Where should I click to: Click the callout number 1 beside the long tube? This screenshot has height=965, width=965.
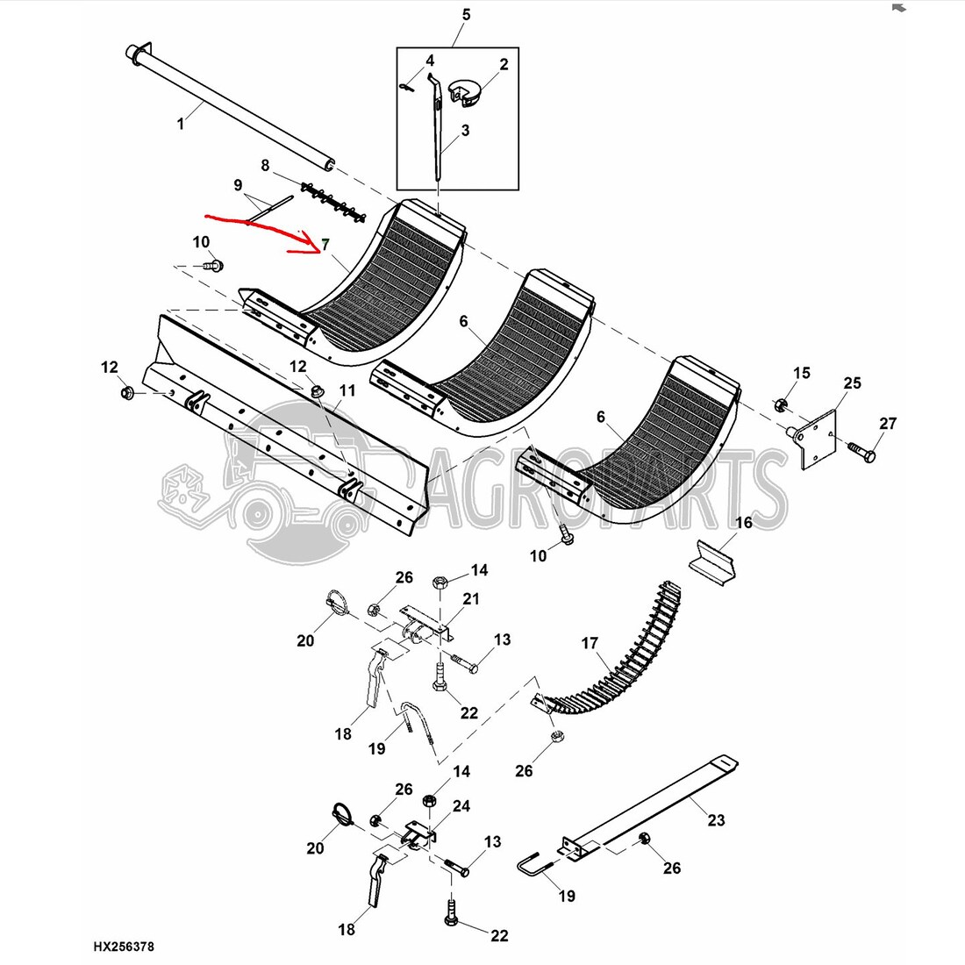pyautogui.click(x=181, y=124)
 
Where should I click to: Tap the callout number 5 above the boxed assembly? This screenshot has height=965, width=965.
pyautogui.click(x=466, y=14)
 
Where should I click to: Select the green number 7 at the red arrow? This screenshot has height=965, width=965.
pyautogui.click(x=325, y=243)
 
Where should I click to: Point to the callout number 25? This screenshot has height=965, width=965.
pyautogui.click(x=852, y=383)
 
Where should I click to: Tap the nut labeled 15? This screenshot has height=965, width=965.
pyautogui.click(x=781, y=404)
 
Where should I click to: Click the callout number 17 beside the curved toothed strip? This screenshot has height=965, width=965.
pyautogui.click(x=590, y=644)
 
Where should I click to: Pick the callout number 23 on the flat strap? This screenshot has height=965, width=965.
pyautogui.click(x=717, y=820)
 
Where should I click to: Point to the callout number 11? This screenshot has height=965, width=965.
pyautogui.click(x=347, y=390)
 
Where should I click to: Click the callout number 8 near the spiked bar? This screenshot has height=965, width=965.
pyautogui.click(x=265, y=165)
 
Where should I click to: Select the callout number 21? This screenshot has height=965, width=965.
pyautogui.click(x=471, y=599)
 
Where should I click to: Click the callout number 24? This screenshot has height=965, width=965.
pyautogui.click(x=461, y=805)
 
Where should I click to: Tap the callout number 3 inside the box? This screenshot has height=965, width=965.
pyautogui.click(x=465, y=131)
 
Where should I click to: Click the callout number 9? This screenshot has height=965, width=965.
pyautogui.click(x=237, y=185)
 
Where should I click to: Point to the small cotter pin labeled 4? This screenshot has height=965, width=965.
pyautogui.click(x=405, y=85)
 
